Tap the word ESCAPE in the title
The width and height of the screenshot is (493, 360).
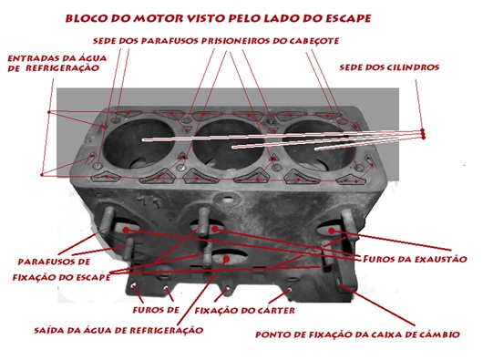(x=348, y=18)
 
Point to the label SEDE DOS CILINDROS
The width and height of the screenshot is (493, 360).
(x=389, y=67)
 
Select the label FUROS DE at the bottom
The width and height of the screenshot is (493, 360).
(x=156, y=310)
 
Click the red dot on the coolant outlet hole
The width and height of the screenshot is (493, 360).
(x=226, y=259)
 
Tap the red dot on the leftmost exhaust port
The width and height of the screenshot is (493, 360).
(x=126, y=231)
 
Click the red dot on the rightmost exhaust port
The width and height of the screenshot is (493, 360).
(x=331, y=231)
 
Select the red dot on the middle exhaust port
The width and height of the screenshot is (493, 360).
(x=215, y=229)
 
